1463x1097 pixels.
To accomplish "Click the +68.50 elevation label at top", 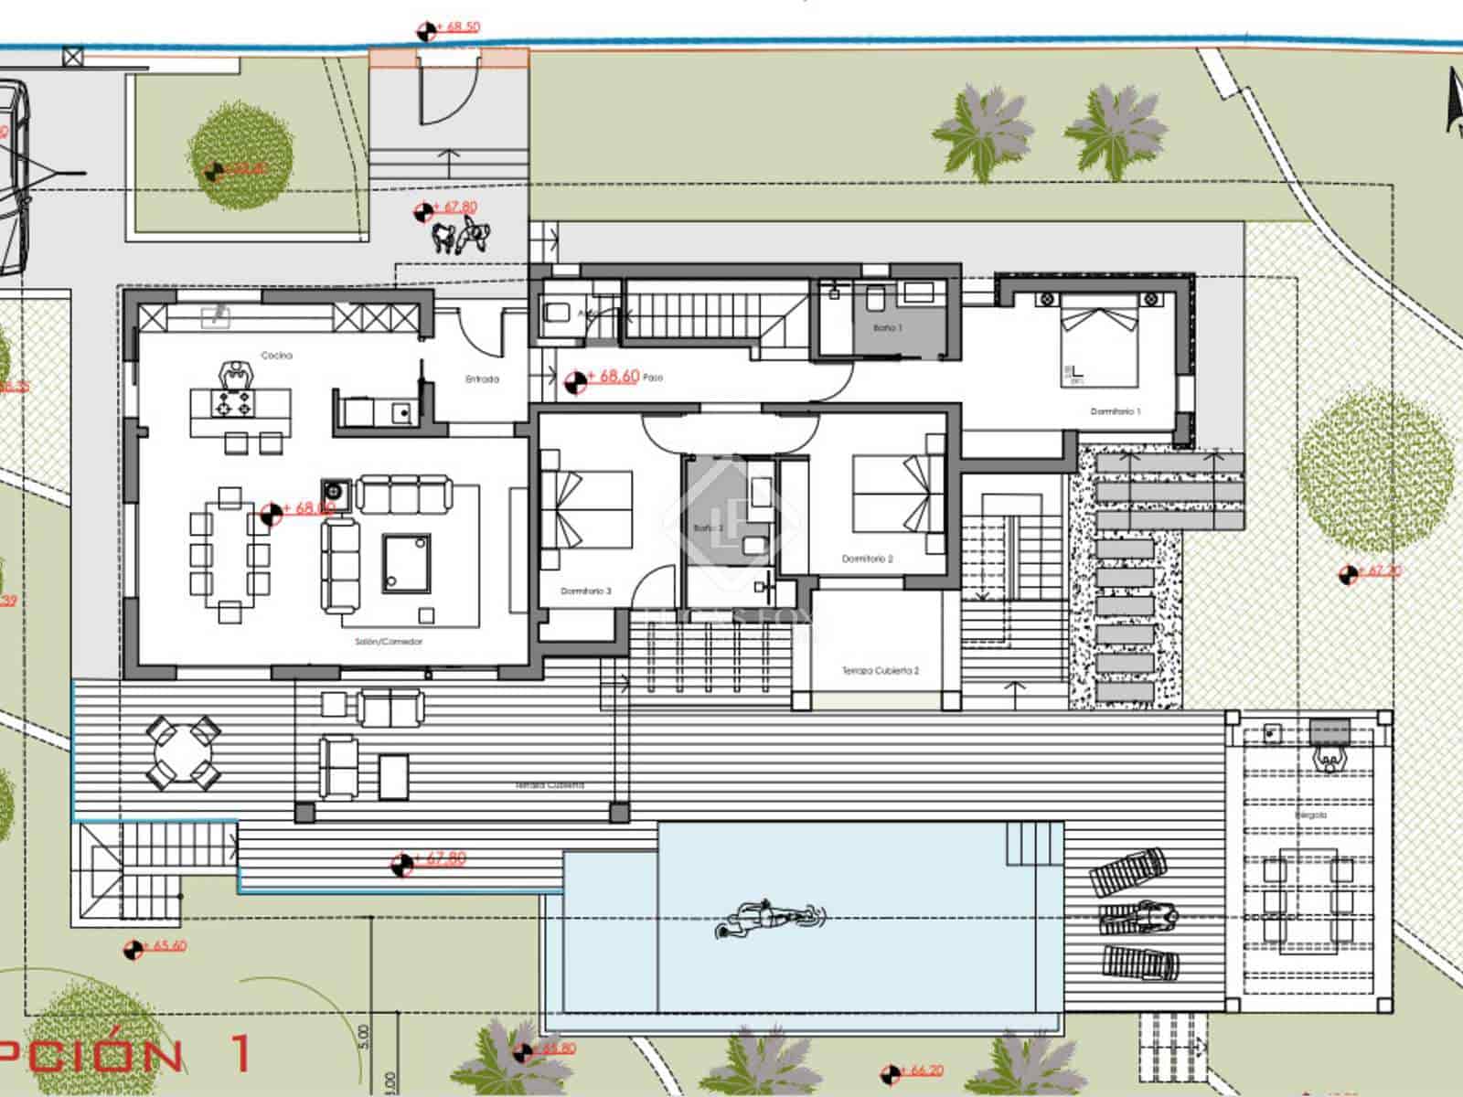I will coord(462,27).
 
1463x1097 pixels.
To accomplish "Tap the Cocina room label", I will coord(276,355).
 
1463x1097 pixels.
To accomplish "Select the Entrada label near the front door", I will coord(482,378).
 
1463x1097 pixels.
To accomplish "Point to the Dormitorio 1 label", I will coord(1116,412).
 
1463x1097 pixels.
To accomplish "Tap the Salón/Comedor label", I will coord(389,642).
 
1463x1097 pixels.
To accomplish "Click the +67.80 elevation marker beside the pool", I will coord(439,859).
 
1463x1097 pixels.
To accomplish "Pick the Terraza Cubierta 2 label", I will coord(880,671).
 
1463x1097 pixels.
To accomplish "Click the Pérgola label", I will coord(1310,815).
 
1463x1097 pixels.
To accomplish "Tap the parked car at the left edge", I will coord(11,178).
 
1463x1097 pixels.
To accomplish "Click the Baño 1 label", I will coord(886,327).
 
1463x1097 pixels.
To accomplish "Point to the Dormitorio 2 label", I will coord(867,559).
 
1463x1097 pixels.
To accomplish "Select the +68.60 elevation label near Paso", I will coord(613,377).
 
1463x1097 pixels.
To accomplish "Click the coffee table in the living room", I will coord(406,563).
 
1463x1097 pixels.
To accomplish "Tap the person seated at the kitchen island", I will coord(236,376).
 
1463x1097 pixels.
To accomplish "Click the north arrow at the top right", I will coord(1453,101).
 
